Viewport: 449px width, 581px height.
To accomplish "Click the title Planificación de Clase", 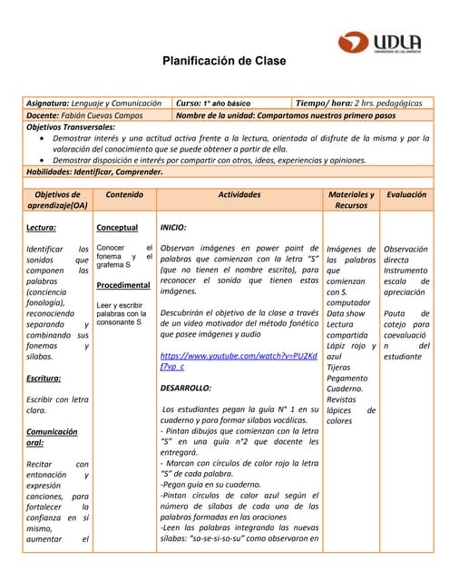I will coord(223,62).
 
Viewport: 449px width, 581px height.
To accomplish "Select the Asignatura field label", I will coord(48,103).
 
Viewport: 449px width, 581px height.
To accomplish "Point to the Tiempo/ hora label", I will coord(323,103).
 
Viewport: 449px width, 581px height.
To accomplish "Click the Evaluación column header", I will coord(405,194).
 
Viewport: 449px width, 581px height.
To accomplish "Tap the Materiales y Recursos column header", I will coord(351,200).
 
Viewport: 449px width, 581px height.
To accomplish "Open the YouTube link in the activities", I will coord(239,360).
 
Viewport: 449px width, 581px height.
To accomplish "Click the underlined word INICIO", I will coord(173,227).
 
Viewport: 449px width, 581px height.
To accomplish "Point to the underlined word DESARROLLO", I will coord(185,388).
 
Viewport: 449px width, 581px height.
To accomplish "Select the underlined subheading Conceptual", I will coord(117,227).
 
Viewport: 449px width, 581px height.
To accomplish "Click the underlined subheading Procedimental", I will coord(122,285).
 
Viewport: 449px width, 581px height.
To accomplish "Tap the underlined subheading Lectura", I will coord(42,227).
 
